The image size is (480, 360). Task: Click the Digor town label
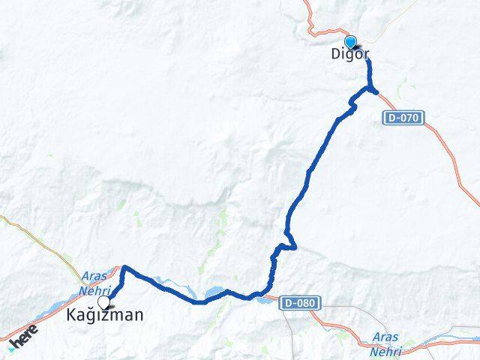[349, 54]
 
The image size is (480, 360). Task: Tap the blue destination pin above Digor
[350, 42]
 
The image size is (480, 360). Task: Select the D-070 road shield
[405, 118]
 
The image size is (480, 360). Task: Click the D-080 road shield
[302, 303]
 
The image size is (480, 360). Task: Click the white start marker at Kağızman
[103, 301]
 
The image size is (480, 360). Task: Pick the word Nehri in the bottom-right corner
[386, 351]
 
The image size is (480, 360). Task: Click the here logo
[24, 337]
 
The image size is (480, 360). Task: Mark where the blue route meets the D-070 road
[375, 91]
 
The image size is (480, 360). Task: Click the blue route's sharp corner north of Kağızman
[124, 267]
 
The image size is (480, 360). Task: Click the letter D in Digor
[335, 54]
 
